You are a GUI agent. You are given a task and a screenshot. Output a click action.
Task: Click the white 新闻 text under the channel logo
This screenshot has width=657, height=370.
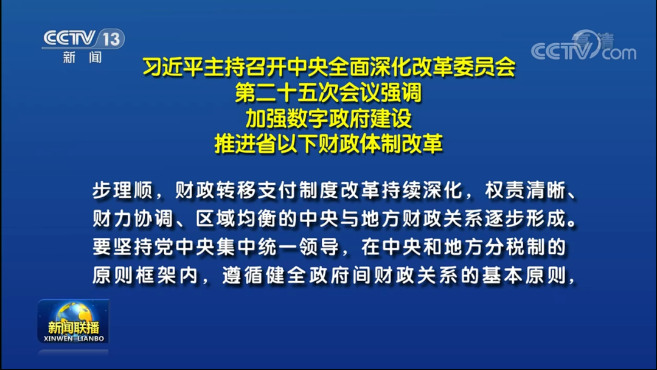pos(83,58)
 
